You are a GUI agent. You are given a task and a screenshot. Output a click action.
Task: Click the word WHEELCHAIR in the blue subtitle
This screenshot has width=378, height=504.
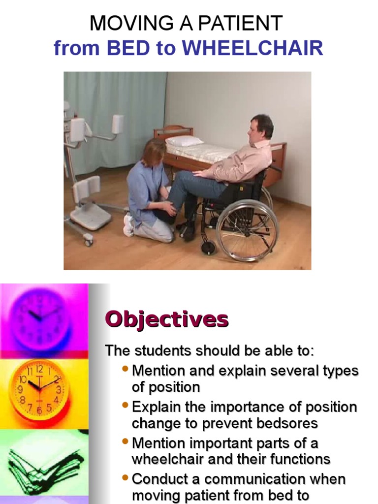(252, 49)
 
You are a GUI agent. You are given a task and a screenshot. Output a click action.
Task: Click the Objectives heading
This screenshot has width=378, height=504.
(167, 319)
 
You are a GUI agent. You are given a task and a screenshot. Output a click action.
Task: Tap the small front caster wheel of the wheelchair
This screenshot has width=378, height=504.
(208, 248)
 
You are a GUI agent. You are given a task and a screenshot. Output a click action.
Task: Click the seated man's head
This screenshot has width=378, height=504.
(260, 129)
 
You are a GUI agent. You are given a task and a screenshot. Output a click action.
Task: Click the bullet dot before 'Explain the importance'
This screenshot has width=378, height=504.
(126, 406)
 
